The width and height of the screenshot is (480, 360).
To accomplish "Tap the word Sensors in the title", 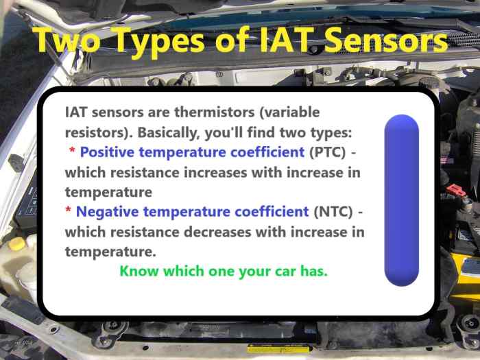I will [388, 40].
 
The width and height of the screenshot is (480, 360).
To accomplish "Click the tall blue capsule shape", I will [401, 200].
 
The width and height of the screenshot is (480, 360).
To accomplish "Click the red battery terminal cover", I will [455, 190].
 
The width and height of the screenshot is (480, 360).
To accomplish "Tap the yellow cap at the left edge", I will [15, 243].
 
